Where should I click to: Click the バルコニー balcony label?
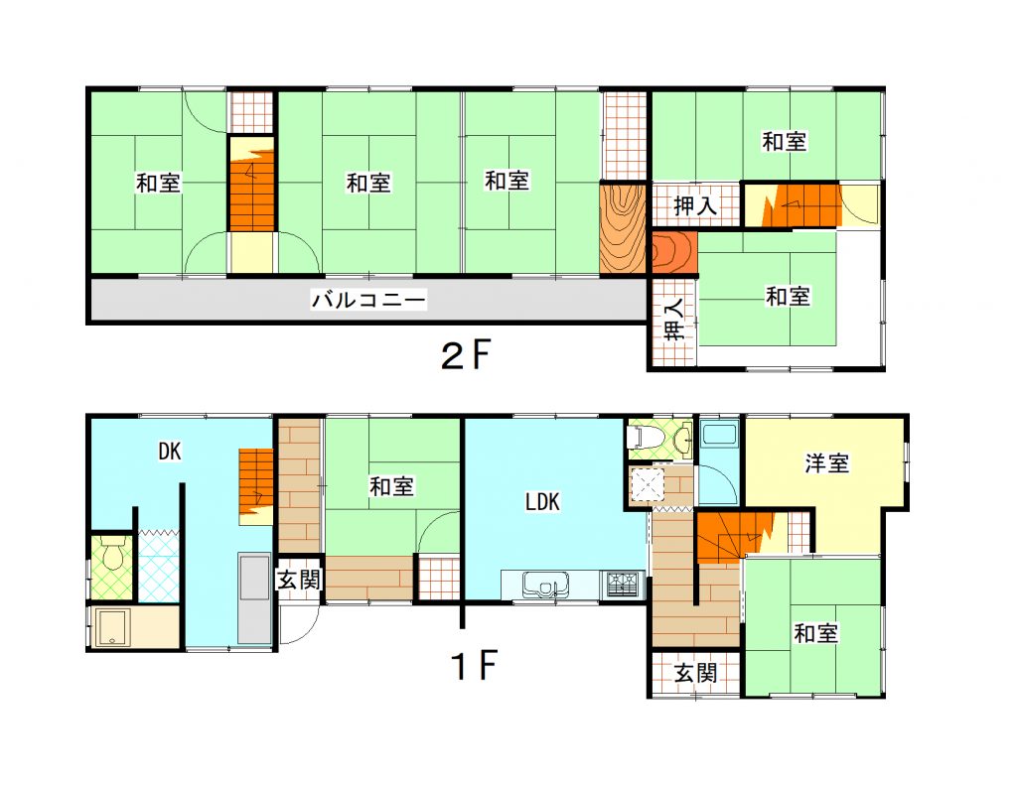click(368, 300)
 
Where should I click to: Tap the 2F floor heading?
click(465, 354)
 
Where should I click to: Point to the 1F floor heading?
click(475, 665)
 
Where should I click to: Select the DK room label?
click(170, 452)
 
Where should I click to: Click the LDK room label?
click(542, 501)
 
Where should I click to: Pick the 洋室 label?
click(827, 463)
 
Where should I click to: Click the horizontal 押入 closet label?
click(695, 206)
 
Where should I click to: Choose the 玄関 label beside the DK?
click(299, 580)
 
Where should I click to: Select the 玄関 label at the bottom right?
click(695, 673)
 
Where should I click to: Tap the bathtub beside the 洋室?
click(719, 433)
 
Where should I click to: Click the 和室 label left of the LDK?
click(391, 486)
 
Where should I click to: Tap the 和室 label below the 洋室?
click(816, 633)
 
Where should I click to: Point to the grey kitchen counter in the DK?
click(254, 598)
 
